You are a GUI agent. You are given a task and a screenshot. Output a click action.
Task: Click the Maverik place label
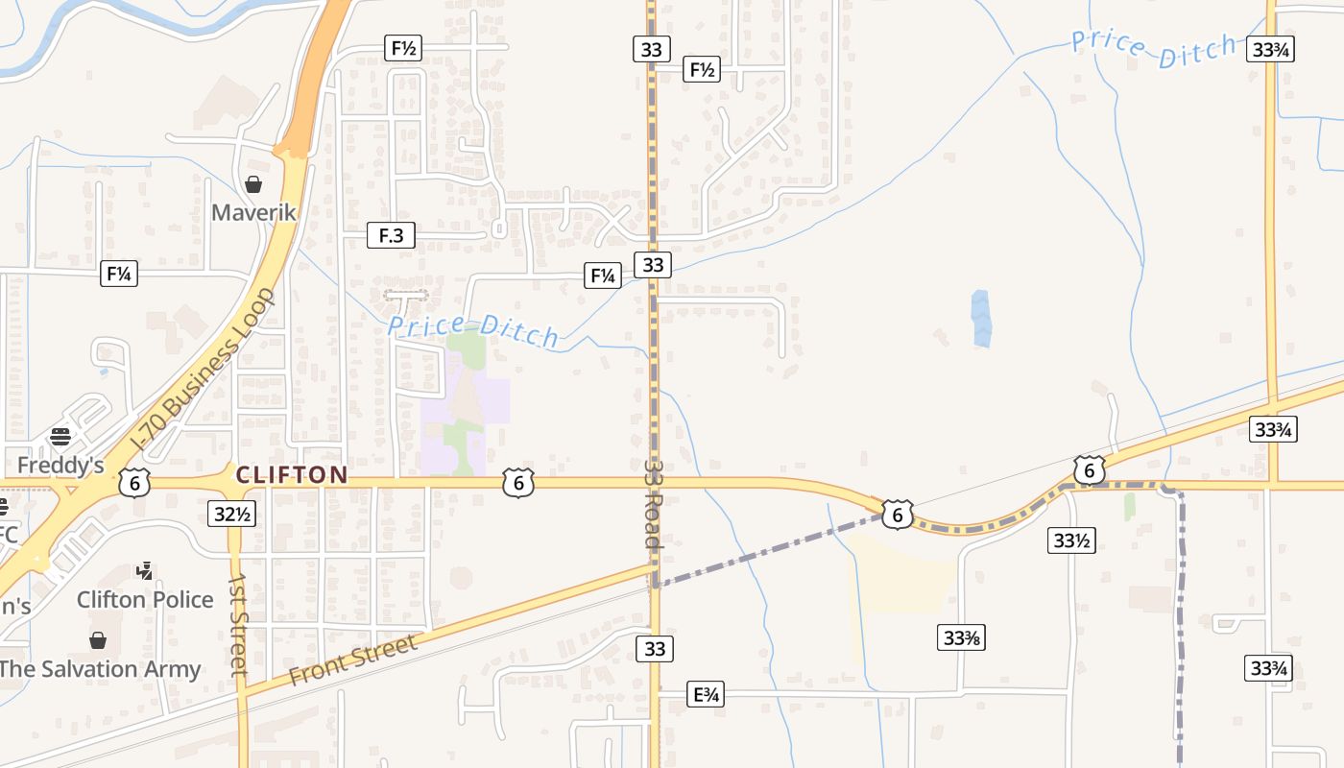253,212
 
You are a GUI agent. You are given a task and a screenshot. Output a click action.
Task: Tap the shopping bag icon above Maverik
253,184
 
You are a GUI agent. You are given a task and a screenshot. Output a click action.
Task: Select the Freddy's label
60,466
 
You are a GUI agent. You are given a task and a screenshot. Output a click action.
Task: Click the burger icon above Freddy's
60,438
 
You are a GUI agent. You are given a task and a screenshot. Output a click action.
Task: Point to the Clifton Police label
145,600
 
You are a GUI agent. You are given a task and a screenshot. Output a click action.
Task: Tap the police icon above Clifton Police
145,571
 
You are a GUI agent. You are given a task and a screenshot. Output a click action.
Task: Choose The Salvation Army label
100,669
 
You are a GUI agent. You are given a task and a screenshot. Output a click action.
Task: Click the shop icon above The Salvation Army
98,640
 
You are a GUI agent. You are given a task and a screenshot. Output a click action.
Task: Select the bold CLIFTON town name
291,474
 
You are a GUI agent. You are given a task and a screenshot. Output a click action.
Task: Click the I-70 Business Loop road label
203,370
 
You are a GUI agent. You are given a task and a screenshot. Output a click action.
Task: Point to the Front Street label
353,660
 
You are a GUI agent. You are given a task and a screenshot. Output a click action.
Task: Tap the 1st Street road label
237,626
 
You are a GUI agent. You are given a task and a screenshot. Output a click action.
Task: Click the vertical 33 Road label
654,504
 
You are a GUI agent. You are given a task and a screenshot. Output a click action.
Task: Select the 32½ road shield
231,515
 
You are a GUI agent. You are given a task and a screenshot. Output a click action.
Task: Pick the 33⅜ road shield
961,637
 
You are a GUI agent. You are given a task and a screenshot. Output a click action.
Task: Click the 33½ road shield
1070,541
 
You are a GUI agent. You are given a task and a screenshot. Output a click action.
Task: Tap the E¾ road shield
706,694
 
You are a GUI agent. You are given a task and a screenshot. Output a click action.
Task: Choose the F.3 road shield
391,235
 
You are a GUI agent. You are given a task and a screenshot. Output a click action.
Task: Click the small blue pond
980,318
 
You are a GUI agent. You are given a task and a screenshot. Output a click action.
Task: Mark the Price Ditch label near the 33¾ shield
1153,49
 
